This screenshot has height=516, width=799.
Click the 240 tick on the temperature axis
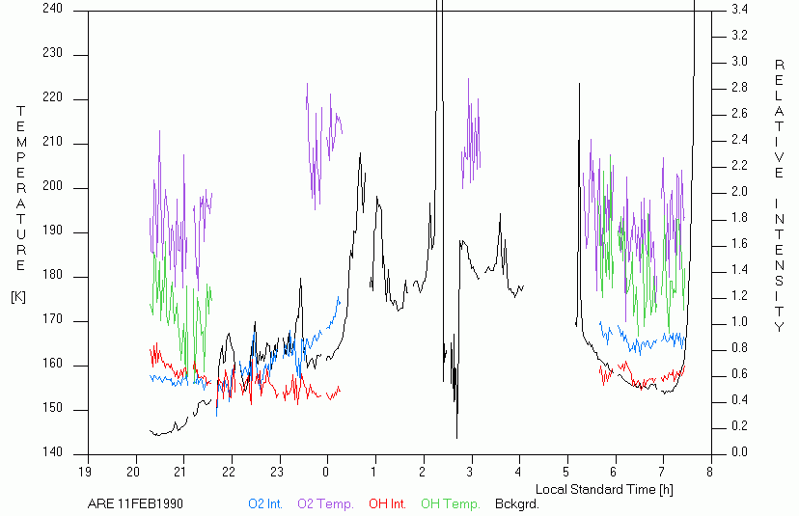click(x=52, y=9)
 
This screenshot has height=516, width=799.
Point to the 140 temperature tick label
click(x=52, y=453)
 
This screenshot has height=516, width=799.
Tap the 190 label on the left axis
click(x=52, y=231)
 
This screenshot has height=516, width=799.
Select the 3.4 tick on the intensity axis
click(x=738, y=9)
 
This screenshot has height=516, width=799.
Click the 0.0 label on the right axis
click(x=738, y=452)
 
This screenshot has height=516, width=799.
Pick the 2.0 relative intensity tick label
click(x=738, y=192)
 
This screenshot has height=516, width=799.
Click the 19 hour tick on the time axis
click(x=87, y=472)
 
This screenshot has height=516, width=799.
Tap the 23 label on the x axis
click(x=279, y=472)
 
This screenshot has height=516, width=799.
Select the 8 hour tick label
click(x=710, y=472)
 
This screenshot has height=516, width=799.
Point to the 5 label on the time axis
click(x=566, y=472)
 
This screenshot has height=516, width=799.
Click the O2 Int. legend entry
click(x=265, y=503)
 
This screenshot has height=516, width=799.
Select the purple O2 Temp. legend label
click(x=325, y=503)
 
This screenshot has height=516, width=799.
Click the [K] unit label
click(x=18, y=296)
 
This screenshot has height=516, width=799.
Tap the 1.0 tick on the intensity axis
click(x=738, y=322)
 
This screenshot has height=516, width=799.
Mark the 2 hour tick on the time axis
click(x=423, y=472)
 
